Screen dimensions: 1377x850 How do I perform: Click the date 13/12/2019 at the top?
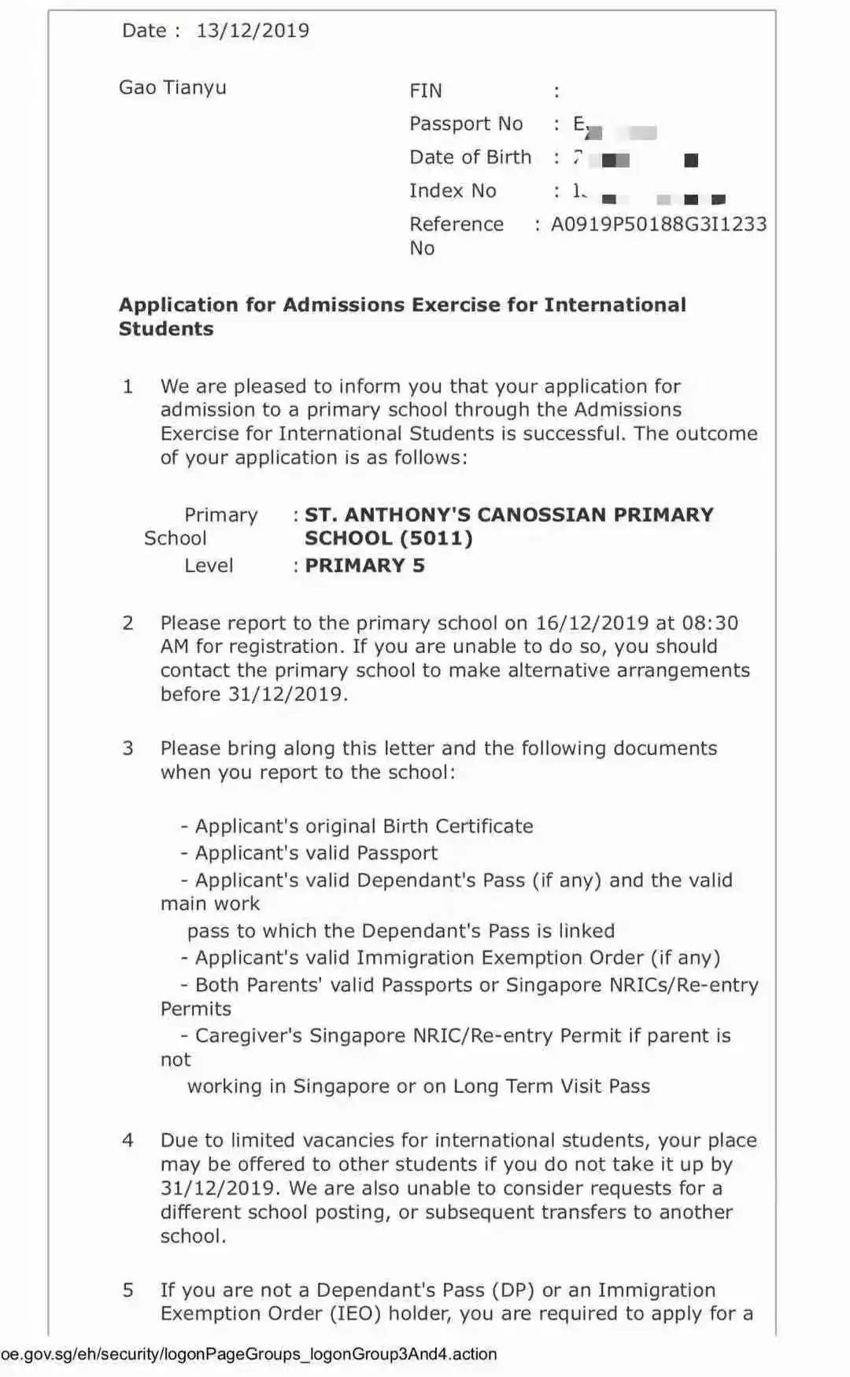point(253,31)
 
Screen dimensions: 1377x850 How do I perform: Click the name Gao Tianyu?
point(172,87)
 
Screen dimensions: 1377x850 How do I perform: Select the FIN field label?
point(426,91)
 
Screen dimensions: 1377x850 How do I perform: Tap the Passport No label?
point(466,124)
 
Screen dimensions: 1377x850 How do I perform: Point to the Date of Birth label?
point(470,157)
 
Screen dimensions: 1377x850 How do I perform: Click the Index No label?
point(453,191)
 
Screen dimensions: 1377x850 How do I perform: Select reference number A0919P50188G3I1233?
point(658,224)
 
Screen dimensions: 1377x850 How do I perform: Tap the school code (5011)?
point(437,539)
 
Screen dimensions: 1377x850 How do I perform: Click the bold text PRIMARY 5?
point(364,566)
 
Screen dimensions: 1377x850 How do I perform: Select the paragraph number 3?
point(128,748)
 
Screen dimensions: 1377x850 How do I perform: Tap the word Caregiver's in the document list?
point(248,1036)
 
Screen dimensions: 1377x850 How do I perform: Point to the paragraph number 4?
point(128,1141)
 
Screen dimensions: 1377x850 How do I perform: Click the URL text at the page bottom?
point(249,1354)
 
